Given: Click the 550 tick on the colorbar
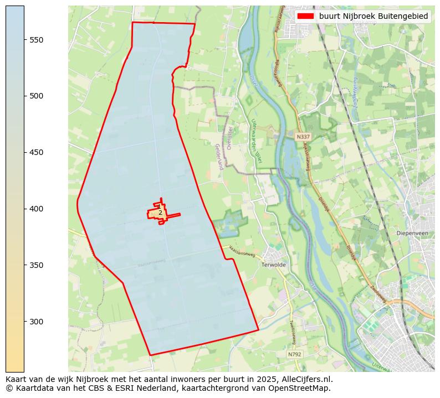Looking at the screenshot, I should pos(36,40).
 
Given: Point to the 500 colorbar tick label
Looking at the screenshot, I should pos(36,96).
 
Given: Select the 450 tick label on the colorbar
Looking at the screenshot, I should pos(36,153).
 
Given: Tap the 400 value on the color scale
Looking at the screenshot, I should pos(36,209).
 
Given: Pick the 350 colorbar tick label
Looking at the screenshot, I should pos(36,266).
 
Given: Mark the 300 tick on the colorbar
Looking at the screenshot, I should pos(36,322).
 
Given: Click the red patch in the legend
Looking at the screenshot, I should pos(305,17).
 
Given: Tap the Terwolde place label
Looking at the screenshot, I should pos(273,265).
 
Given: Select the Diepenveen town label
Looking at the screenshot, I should pos(413,233).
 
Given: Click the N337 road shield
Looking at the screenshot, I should pos(303,137).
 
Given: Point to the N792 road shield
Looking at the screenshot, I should pos(295,354).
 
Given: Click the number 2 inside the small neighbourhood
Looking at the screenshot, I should pos(160,213).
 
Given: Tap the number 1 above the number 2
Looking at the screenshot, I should pos(158,206).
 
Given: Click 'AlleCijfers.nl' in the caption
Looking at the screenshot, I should pos(306,379).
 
